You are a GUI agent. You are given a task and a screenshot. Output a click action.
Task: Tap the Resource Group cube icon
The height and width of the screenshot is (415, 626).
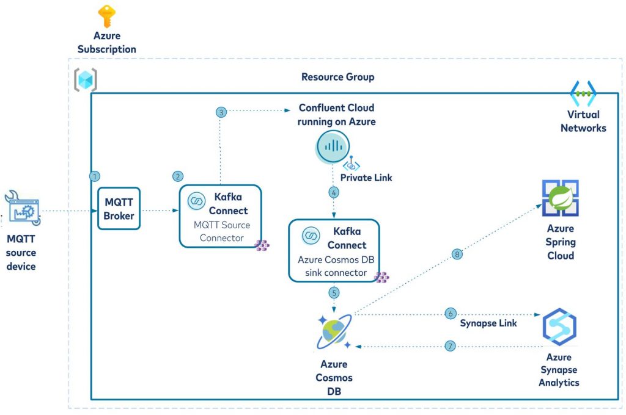click(86, 80)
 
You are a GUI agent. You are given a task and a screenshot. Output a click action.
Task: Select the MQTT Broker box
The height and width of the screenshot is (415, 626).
click(119, 209)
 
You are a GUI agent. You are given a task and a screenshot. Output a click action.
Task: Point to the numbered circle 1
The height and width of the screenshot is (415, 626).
click(95, 176)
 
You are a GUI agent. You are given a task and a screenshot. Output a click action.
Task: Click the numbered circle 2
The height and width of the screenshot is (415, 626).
click(178, 176)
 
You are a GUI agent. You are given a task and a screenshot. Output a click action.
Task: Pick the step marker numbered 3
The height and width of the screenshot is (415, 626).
click(221, 112)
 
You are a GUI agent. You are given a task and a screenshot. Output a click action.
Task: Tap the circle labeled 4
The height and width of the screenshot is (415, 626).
click(333, 192)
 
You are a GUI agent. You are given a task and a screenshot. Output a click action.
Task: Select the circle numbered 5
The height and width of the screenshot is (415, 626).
click(334, 292)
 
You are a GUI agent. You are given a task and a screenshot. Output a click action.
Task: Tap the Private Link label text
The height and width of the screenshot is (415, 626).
click(366, 178)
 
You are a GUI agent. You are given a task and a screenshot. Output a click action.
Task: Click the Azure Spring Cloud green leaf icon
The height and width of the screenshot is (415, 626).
click(560, 199)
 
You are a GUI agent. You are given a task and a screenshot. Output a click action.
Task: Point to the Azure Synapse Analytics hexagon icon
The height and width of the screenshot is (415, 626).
click(560, 328)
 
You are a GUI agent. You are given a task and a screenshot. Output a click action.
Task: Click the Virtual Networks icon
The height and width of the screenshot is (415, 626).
click(583, 93)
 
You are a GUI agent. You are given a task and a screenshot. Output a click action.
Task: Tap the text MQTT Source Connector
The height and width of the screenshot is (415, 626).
click(222, 231)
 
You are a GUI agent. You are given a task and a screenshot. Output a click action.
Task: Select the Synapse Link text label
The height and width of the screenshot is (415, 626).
click(488, 323)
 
